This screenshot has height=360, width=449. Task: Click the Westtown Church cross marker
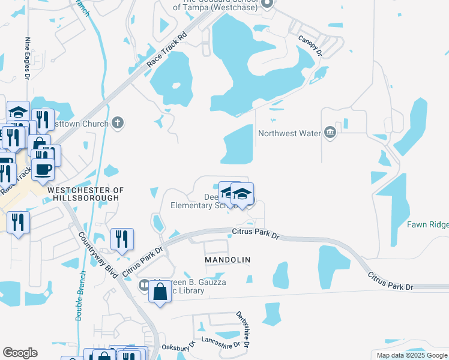point(118,124)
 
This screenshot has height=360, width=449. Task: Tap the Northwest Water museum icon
point(330,133)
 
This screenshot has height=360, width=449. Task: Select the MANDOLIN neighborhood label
point(227,259)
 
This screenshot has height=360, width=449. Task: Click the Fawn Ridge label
point(427,224)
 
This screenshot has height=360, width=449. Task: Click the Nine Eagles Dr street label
point(28,58)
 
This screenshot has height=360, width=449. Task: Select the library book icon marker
point(144,284)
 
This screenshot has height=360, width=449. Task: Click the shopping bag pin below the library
point(160,293)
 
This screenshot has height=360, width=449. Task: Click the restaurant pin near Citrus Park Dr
point(122,239)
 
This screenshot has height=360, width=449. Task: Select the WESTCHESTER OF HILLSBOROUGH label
point(85,194)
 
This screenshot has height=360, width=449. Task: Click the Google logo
point(20,353)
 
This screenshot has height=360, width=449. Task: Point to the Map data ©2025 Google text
point(411,355)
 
